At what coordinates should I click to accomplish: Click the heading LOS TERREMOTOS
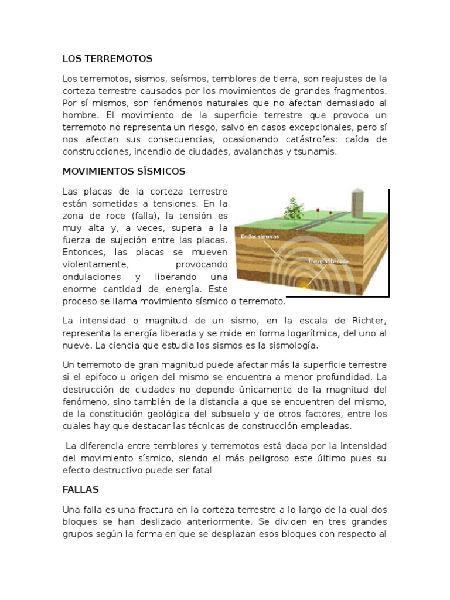(107, 59)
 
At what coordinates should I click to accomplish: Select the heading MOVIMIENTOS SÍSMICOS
(124, 171)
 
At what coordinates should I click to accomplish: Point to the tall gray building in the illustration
(357, 203)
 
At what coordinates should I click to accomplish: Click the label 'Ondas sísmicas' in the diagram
(260, 237)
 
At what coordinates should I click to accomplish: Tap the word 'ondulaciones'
(90, 277)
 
